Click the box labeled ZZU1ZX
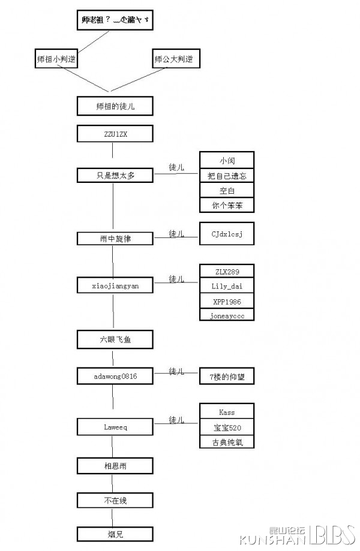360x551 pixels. [x=115, y=134]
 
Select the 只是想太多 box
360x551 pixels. [x=115, y=175]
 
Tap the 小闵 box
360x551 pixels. [x=227, y=160]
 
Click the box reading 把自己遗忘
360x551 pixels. [x=227, y=175]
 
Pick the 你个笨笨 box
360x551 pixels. [x=227, y=205]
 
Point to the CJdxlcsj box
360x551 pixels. [x=227, y=233]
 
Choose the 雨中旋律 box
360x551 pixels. [x=115, y=238]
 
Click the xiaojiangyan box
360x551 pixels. [x=115, y=285]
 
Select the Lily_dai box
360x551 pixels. [x=227, y=286]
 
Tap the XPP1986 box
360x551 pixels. [x=227, y=301]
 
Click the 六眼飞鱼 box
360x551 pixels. [x=115, y=339]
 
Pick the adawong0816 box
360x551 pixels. [x=115, y=376]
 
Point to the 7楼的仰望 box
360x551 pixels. [x=227, y=376]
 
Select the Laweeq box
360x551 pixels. [x=115, y=427]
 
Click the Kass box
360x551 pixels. [x=227, y=412]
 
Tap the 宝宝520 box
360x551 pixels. [x=227, y=427]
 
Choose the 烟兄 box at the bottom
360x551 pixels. [x=115, y=534]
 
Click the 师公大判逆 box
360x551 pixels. [x=175, y=59]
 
